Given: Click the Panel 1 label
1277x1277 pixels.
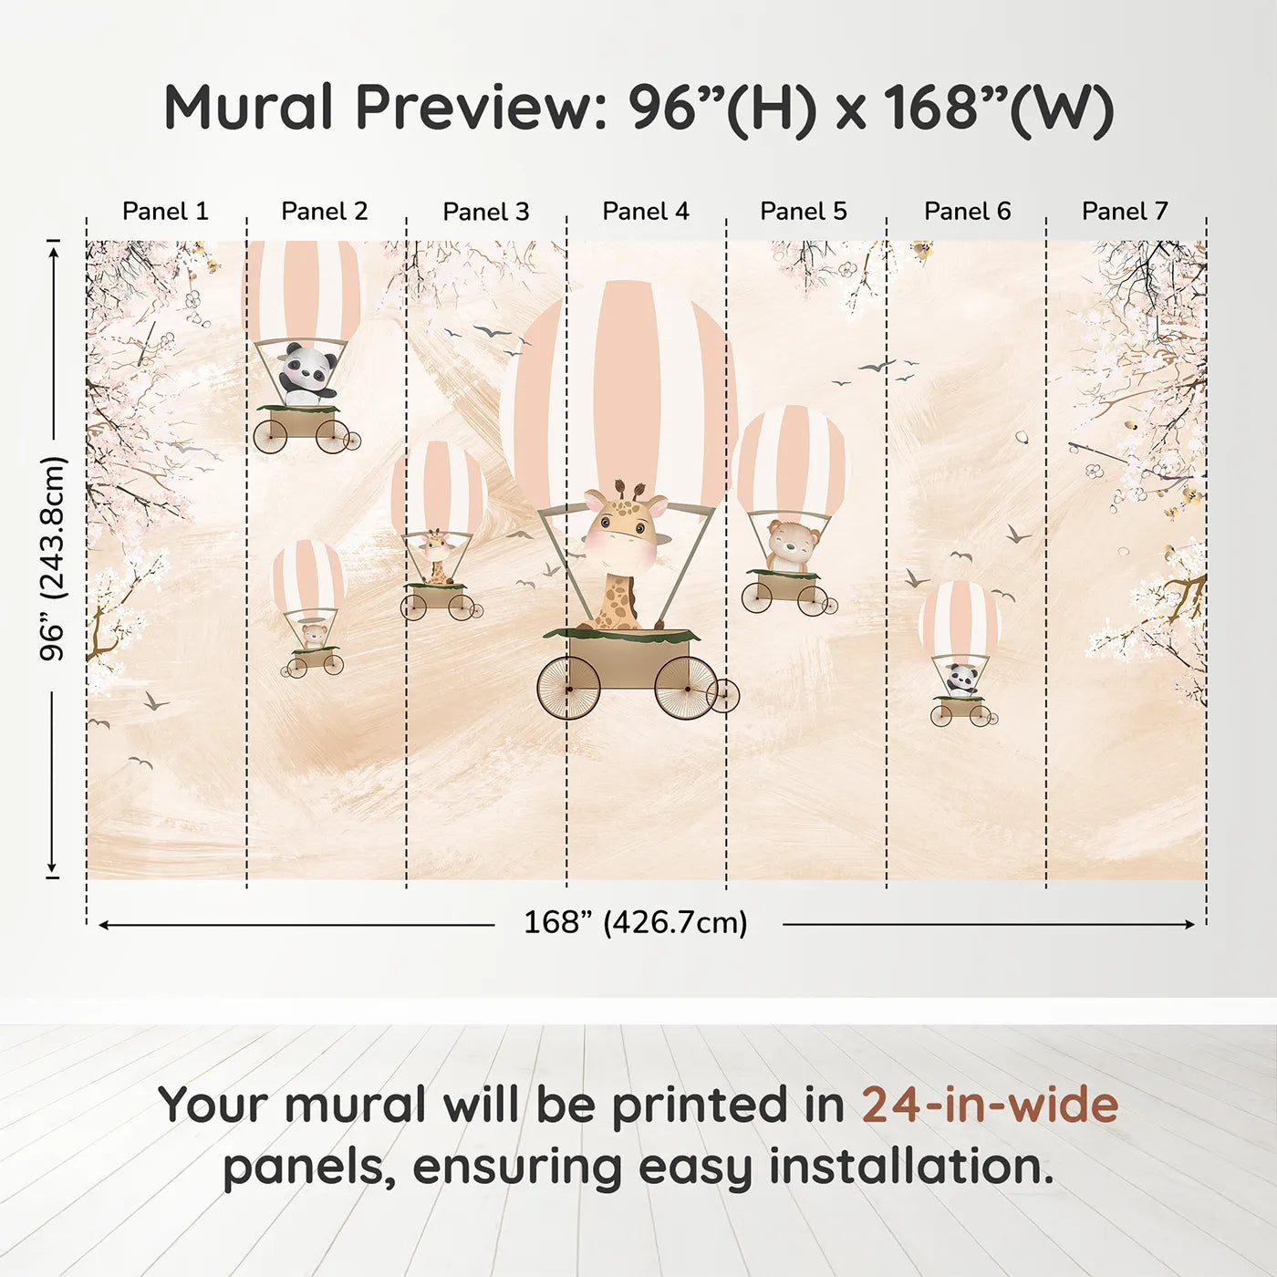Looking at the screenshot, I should pos(165,211).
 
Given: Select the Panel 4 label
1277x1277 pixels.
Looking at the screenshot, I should pos(646,211).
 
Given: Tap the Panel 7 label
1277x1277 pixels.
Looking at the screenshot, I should pos(1125,211).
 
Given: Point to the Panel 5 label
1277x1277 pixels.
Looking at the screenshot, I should pos(804,211).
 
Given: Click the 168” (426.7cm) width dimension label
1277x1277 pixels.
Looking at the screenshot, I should pos(636,922).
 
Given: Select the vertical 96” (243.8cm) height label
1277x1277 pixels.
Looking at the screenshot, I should pos(53,558).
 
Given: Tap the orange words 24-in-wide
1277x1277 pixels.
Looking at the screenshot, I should pos(990,1105).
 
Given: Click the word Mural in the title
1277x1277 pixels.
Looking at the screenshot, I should pos(249,108).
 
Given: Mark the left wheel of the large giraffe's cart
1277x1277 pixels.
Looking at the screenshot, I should pos(568,688).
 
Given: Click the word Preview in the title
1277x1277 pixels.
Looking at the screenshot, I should pos(474,108).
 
